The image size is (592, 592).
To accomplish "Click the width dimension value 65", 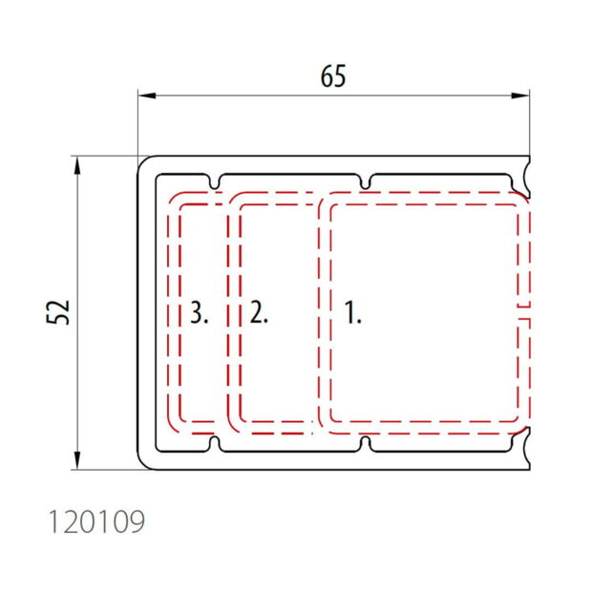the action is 333,76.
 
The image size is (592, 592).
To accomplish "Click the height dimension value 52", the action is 58,312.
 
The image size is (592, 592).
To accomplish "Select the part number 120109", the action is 96,521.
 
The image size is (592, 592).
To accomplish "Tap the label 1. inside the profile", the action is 353,312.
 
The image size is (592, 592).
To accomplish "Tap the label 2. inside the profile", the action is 259,312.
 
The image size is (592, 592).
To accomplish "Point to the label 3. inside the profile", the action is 199,312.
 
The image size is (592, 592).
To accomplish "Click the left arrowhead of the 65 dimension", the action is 147,95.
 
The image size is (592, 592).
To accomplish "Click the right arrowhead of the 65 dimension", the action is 520,95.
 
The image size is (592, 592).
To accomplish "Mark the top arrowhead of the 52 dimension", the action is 77,165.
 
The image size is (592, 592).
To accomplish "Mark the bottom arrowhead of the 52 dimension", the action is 77,460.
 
